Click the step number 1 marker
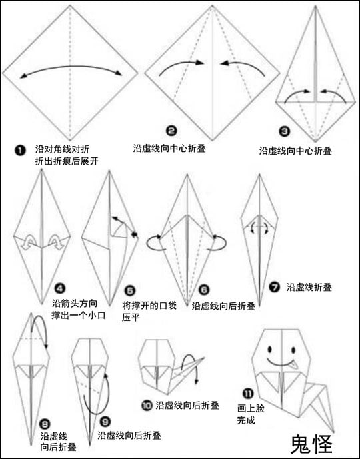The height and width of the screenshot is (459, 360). [x=20, y=151]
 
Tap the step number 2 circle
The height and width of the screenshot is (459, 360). [x=171, y=131]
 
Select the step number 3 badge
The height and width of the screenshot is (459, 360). [x=284, y=131]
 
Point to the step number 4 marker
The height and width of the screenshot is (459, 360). [x=60, y=289]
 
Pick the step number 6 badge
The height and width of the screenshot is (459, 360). [x=204, y=290]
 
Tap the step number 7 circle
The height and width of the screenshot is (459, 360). [x=275, y=287]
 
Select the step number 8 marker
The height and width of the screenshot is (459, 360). [x=45, y=424]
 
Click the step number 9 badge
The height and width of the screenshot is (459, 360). [x=105, y=422]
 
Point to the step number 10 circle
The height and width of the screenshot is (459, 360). [x=147, y=406]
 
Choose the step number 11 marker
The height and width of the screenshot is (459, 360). [x=249, y=394]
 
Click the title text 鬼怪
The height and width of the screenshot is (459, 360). [x=312, y=444]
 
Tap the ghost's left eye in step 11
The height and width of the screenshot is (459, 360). [x=269, y=349]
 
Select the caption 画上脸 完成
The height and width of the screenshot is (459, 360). [x=251, y=414]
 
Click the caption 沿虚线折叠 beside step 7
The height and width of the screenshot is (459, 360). [x=309, y=288]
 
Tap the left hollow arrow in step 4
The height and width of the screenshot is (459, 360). [x=29, y=242]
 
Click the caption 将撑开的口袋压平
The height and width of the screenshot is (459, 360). [x=149, y=312]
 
